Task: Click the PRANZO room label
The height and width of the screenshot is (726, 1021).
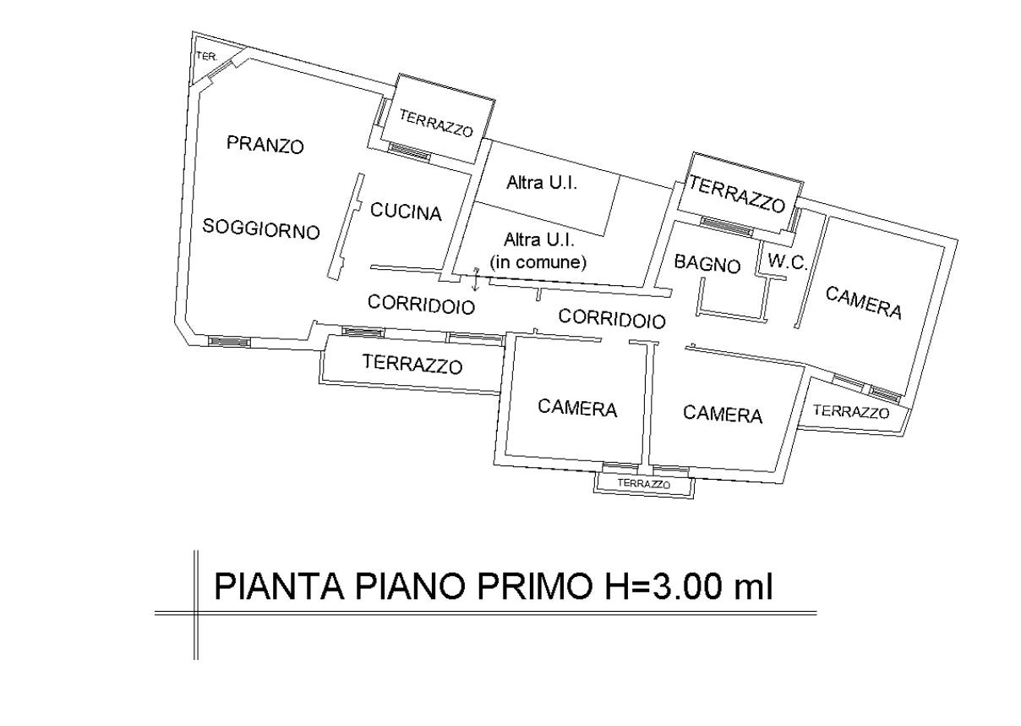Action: coord(265,145)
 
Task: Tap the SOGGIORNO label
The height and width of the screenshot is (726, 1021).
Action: coord(261,228)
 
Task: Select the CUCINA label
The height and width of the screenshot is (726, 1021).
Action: coord(406,212)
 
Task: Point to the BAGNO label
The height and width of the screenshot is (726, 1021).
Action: coord(707,264)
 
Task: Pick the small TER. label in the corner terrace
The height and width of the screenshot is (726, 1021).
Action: coord(205,57)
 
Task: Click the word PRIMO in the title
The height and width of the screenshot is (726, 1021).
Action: coord(522,586)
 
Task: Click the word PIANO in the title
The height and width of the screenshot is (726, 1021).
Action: coord(397,586)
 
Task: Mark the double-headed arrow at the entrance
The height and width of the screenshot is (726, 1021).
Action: coord(477,278)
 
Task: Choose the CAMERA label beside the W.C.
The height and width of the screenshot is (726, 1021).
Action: coord(863,303)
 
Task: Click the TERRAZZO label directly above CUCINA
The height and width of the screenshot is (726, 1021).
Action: coord(435,124)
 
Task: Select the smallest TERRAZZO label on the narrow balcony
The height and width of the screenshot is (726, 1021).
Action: coord(644,484)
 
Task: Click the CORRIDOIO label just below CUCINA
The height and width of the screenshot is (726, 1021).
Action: coord(422,304)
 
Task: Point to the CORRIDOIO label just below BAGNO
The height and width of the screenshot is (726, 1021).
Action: coord(612,318)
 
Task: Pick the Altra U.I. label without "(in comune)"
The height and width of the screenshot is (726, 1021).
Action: coord(541,182)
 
